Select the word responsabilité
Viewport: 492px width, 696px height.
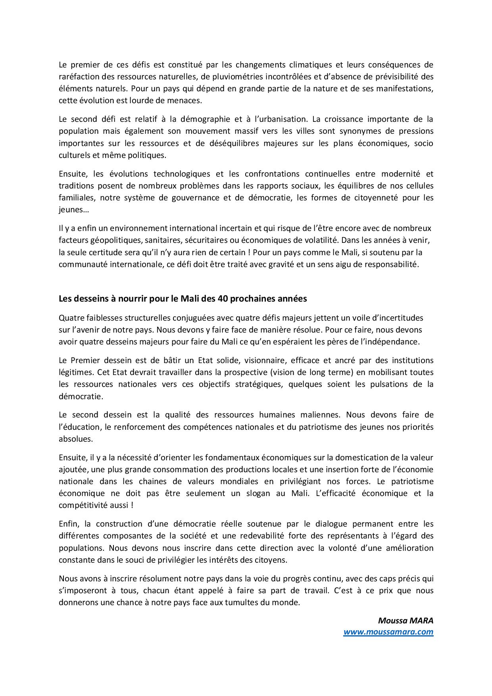point(390,264)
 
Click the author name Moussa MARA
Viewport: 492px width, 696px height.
point(406,621)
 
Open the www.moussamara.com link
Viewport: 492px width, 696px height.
point(388,632)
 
